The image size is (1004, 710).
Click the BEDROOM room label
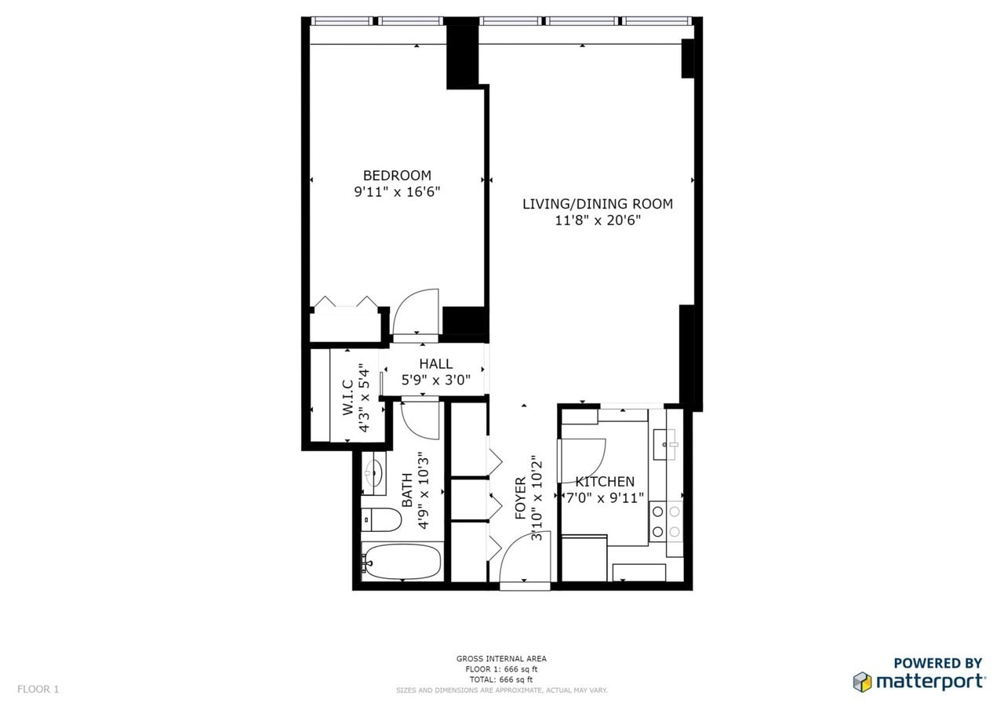[x=397, y=176]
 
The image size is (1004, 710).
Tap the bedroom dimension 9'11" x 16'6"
[x=397, y=191]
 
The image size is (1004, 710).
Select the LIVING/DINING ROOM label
[x=598, y=204]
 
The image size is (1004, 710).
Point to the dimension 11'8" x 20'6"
[x=598, y=220]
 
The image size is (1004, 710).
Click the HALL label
[x=435, y=364]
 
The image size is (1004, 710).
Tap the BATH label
[x=407, y=490]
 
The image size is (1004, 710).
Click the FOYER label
[x=520, y=498]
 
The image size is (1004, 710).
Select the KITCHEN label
[x=605, y=482]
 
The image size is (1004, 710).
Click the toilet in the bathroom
[x=382, y=519]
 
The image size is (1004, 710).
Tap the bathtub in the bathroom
[x=402, y=562]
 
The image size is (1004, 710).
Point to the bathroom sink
[x=375, y=473]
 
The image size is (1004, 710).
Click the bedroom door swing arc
[x=417, y=312]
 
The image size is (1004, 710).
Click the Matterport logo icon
[x=862, y=681]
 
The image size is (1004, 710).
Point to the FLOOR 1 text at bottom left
[x=38, y=690]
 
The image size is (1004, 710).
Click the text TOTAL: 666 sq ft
[x=501, y=679]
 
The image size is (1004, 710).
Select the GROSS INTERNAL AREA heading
[x=501, y=659]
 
